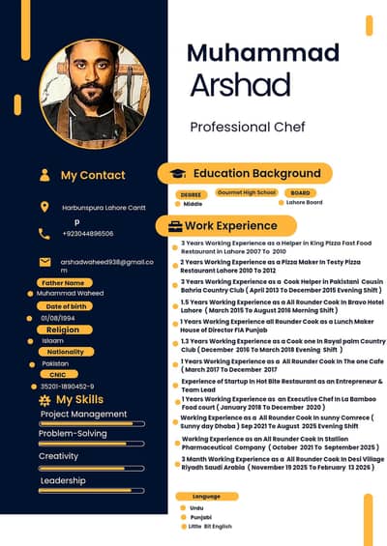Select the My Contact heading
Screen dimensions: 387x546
(x=92, y=175)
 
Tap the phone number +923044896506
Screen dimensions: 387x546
(x=87, y=234)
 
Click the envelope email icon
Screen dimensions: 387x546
(x=45, y=262)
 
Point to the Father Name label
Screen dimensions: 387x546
(x=65, y=282)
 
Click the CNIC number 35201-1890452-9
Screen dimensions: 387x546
(x=67, y=387)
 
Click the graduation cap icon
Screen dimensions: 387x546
(x=177, y=173)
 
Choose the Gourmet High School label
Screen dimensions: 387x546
(x=247, y=192)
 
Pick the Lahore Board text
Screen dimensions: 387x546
(x=304, y=203)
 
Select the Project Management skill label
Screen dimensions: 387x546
(x=83, y=414)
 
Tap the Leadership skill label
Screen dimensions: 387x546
(x=62, y=480)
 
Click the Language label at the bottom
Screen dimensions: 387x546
(x=205, y=496)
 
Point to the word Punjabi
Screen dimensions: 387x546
(x=200, y=517)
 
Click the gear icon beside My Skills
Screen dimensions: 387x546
(x=45, y=399)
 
